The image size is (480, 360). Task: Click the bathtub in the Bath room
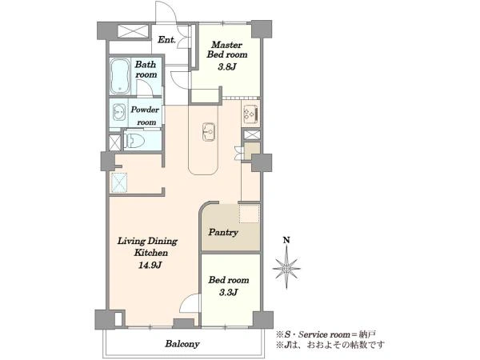pyautogui.click(x=120, y=76)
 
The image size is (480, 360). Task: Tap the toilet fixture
pyautogui.click(x=134, y=141)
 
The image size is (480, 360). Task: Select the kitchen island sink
pyautogui.click(x=209, y=132)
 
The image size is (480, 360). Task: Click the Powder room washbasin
pyautogui.click(x=118, y=112)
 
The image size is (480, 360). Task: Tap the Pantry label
pyautogui.click(x=223, y=232)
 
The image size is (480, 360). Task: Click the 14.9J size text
pyautogui.click(x=150, y=265)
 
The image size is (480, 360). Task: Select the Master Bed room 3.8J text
pyautogui.click(x=227, y=55)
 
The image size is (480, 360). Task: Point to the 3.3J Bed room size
pyautogui.click(x=228, y=292)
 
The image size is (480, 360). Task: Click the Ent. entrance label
pyautogui.click(x=166, y=40)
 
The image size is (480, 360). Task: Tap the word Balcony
pyautogui.click(x=182, y=344)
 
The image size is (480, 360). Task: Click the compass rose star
pyautogui.click(x=286, y=269)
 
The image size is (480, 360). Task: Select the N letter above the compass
pyautogui.click(x=286, y=240)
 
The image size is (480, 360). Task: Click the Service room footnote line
pyautogui.click(x=326, y=334)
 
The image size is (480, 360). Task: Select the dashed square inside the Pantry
pyautogui.click(x=249, y=214)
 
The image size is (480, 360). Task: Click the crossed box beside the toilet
pyautogui.click(x=115, y=142)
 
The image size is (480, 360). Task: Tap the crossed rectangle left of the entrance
pyautogui.click(x=133, y=31)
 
